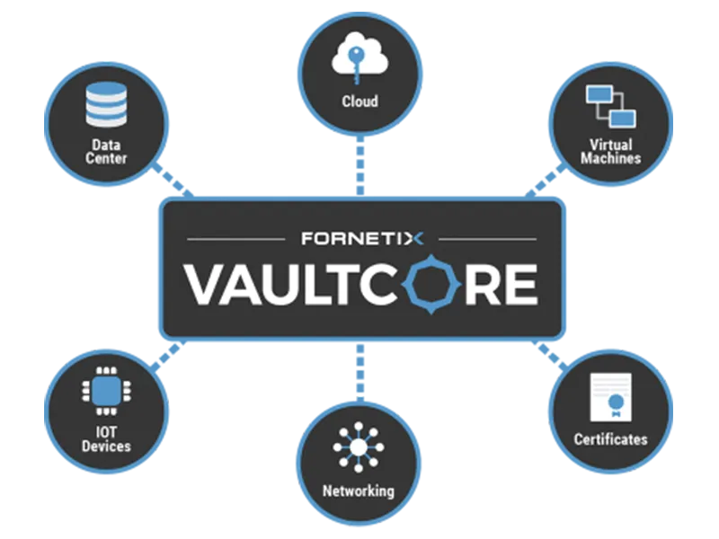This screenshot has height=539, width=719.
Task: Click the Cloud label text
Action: (x=359, y=101)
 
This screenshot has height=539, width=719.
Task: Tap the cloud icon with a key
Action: (x=359, y=58)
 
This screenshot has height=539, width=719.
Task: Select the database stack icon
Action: (x=106, y=104)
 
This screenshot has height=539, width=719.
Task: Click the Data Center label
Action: (x=107, y=151)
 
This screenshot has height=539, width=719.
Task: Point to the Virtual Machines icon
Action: (x=610, y=106)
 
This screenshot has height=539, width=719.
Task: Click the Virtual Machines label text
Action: (x=610, y=151)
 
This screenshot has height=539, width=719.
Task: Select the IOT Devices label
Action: (x=106, y=438)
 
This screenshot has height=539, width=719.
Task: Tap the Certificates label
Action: (x=610, y=439)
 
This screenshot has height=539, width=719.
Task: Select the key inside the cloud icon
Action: (x=359, y=61)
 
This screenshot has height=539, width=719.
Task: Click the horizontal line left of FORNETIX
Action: (x=237, y=239)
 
